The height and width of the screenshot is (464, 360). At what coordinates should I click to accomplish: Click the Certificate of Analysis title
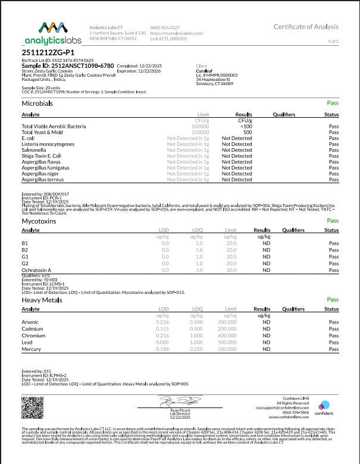pyautogui.click(x=306, y=27)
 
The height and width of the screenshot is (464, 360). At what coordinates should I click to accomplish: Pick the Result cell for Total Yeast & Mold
pyautogui.click(x=245, y=132)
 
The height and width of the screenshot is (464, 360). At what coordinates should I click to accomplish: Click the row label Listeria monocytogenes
pyautogui.click(x=48, y=144)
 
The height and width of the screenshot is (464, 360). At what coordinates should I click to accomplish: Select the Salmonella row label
pyautogui.click(x=35, y=150)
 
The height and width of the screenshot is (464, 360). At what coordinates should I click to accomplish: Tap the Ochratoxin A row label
pyautogui.click(x=37, y=270)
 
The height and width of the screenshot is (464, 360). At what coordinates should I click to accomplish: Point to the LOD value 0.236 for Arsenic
pyautogui.click(x=162, y=322)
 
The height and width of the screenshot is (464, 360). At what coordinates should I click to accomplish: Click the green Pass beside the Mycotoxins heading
pyautogui.click(x=333, y=220)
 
